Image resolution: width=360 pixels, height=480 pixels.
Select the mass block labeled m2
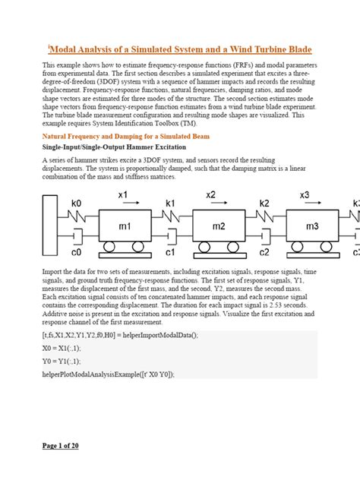(219, 226)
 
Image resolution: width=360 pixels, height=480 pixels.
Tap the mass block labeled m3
(311, 226)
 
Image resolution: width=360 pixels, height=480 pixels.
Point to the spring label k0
(76, 204)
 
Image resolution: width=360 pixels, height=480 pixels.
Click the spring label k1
(170, 204)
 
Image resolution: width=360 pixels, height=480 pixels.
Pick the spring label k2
(264, 204)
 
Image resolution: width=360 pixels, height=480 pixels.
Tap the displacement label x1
(122, 195)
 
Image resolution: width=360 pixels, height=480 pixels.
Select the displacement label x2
(211, 195)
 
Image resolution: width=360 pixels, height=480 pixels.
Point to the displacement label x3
(305, 195)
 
